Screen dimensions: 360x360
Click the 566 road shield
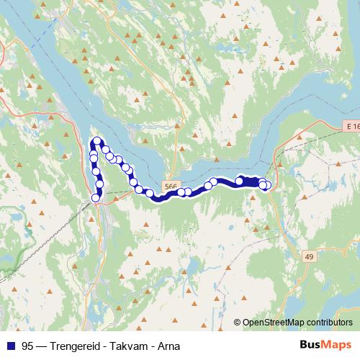coord(170,186)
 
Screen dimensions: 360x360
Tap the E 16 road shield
coord(351,126)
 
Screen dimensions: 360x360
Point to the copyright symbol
coord(238,322)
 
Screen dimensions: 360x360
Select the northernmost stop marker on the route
coord(97,141)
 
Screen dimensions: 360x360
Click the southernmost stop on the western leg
coord(95,197)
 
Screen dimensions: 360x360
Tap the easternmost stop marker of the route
coord(267,186)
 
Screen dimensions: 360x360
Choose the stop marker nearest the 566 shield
coord(181,192)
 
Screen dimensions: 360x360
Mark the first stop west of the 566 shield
coord(150,193)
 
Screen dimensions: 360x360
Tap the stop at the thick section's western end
coord(239,181)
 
